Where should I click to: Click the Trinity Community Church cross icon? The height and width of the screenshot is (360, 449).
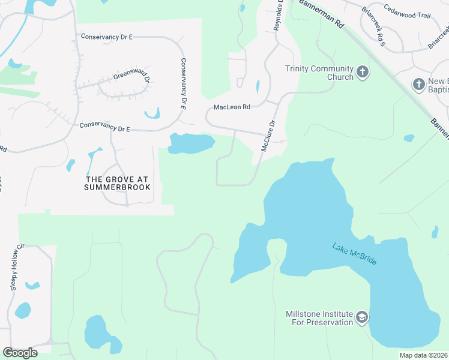(x=362, y=73)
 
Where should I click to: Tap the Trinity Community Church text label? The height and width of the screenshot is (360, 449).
(x=319, y=73)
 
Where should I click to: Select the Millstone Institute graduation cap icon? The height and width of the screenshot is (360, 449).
(x=361, y=317)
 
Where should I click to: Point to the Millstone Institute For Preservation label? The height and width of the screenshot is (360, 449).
(x=319, y=318)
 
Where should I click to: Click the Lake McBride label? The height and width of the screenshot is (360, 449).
(x=354, y=254)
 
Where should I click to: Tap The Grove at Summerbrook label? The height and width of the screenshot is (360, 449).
(x=118, y=183)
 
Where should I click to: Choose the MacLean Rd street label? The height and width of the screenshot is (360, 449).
(x=232, y=107)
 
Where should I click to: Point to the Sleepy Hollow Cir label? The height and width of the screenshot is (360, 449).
(x=16, y=267)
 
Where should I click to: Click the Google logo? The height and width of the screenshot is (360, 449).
(x=20, y=353)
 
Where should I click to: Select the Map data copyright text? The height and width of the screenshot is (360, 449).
(x=423, y=355)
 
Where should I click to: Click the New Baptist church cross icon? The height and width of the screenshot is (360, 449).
(x=419, y=84)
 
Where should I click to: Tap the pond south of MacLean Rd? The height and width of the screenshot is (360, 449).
(x=191, y=143)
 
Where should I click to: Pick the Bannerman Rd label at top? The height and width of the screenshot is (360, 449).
(x=322, y=14)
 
